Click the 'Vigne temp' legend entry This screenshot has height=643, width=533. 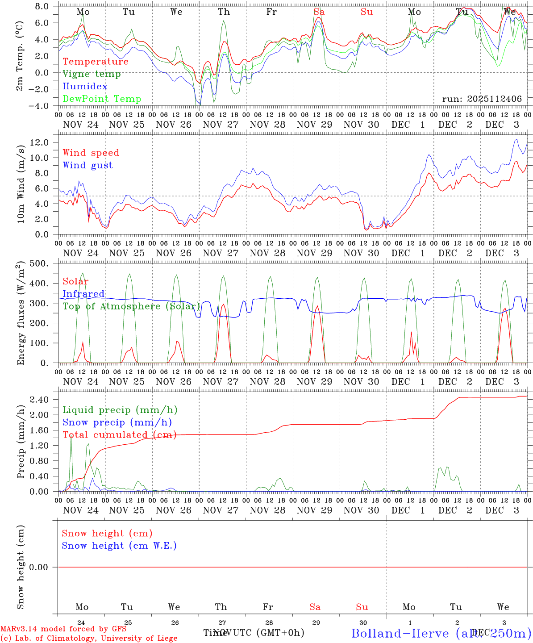92,74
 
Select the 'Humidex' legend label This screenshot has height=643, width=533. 85,87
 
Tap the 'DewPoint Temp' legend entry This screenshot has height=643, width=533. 102,99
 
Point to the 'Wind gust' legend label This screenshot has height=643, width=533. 87,165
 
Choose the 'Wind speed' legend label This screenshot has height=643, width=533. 91,153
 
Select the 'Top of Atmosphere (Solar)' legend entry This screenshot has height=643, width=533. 131,306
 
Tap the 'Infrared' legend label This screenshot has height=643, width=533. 83,294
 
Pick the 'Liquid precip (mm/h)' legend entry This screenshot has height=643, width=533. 120,410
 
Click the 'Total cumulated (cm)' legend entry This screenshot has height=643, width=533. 119,434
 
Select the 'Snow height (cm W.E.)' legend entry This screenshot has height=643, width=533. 119,546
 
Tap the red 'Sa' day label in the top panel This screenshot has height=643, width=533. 319,12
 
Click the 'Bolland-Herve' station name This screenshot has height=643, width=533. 400,633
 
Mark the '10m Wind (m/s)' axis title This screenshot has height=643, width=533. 21,183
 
